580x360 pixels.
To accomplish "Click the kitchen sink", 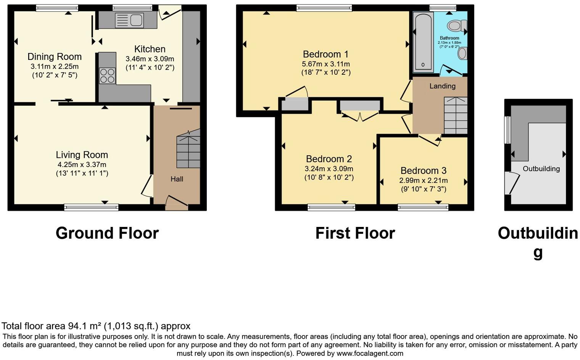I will coord(129,20).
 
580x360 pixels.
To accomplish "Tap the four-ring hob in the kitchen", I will coord(107,76).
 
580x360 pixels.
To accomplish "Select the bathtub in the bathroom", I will coord(423,42).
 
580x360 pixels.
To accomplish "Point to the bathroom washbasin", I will coord(462,53).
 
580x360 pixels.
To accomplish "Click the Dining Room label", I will coord(55,57).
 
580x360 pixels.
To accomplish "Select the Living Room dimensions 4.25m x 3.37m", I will coord(82,165).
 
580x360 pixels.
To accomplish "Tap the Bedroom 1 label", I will coord(325,54).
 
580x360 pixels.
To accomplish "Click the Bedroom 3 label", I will coord(423,170).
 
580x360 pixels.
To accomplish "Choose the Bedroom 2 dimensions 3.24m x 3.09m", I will coord(329,169).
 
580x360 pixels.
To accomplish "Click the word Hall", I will coord(177,179).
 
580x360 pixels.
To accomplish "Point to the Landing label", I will coord(442,86).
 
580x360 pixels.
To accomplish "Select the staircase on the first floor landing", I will coord(456,115).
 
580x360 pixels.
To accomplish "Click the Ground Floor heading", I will coord(107,233).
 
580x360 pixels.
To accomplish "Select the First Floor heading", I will coord(355,233).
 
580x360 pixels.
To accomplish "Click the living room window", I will coord(91,207).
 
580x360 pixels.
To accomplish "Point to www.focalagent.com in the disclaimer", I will coord(370,354).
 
